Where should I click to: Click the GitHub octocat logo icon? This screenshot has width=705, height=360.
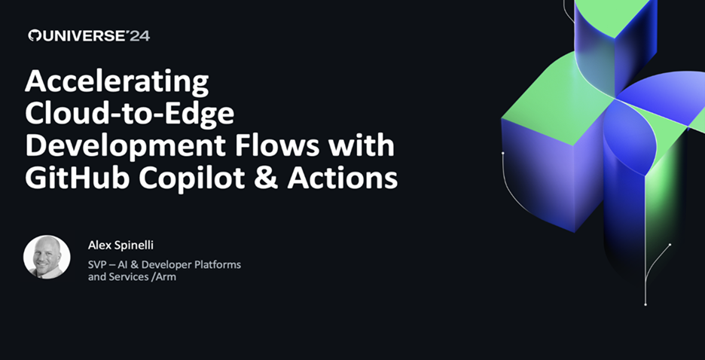(34, 36)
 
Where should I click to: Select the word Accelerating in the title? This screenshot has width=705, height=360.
(117, 82)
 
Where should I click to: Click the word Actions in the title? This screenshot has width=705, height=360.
(342, 178)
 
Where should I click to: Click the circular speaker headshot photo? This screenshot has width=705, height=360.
(47, 257)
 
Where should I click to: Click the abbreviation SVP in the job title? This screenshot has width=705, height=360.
(96, 264)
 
